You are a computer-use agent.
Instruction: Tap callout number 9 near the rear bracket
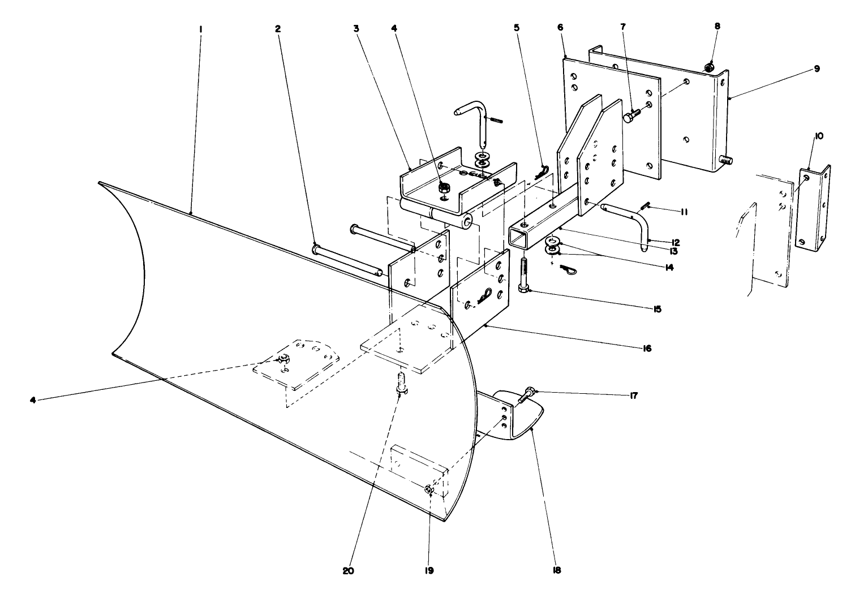tap(817, 68)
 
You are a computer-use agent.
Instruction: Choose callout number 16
tap(647, 349)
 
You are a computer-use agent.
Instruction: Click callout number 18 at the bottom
tap(556, 570)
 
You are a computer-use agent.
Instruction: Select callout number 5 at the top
tap(516, 28)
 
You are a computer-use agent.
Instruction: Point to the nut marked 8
tap(708, 68)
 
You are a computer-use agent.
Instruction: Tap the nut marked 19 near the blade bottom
tap(428, 489)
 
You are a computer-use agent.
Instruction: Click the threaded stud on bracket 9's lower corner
tap(726, 161)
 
